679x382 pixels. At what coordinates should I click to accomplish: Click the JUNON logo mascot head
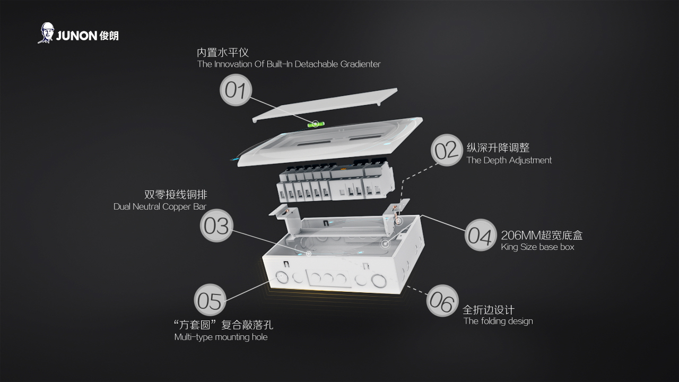point(47,32)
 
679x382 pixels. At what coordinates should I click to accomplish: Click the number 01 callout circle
point(236,90)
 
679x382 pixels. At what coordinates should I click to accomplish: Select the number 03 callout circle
point(216,226)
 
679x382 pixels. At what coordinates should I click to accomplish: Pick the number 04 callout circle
point(481,235)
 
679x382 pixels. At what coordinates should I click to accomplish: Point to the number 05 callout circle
point(210,300)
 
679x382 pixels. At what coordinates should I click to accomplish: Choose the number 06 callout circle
point(442,301)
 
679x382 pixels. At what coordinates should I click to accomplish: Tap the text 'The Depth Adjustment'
point(509,160)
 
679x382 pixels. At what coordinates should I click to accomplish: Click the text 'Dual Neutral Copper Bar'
point(160,206)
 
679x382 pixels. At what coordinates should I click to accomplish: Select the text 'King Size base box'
point(537,247)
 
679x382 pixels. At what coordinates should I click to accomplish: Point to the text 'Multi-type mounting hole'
point(221,337)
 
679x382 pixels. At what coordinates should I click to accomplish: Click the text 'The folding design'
point(498,321)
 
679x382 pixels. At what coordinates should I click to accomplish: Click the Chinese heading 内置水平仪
point(223,53)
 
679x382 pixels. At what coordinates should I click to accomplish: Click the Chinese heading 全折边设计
point(489,310)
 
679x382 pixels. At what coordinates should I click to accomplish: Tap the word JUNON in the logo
point(76,36)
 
